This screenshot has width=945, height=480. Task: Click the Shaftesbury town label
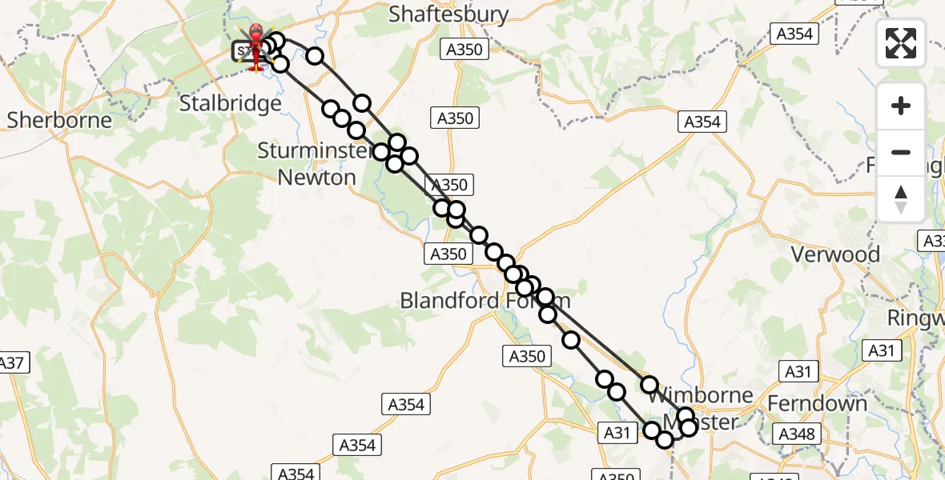448,14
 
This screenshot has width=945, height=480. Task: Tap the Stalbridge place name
231,103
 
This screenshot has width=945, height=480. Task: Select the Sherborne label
59,120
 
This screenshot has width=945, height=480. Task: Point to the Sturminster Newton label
316,164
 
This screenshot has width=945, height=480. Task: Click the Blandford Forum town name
485,301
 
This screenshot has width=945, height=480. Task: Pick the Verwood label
835,254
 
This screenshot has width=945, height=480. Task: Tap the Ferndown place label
817,403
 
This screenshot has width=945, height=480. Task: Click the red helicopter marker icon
256,46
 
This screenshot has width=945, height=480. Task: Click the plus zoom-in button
901,106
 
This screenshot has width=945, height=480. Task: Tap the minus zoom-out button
901,152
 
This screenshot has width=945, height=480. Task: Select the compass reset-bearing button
901,199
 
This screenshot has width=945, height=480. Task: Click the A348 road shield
798,434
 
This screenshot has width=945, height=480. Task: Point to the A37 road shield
11,362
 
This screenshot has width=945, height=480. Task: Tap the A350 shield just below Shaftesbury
464,50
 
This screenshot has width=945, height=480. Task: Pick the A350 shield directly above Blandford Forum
448,254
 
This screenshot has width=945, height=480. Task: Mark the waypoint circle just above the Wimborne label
649,385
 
